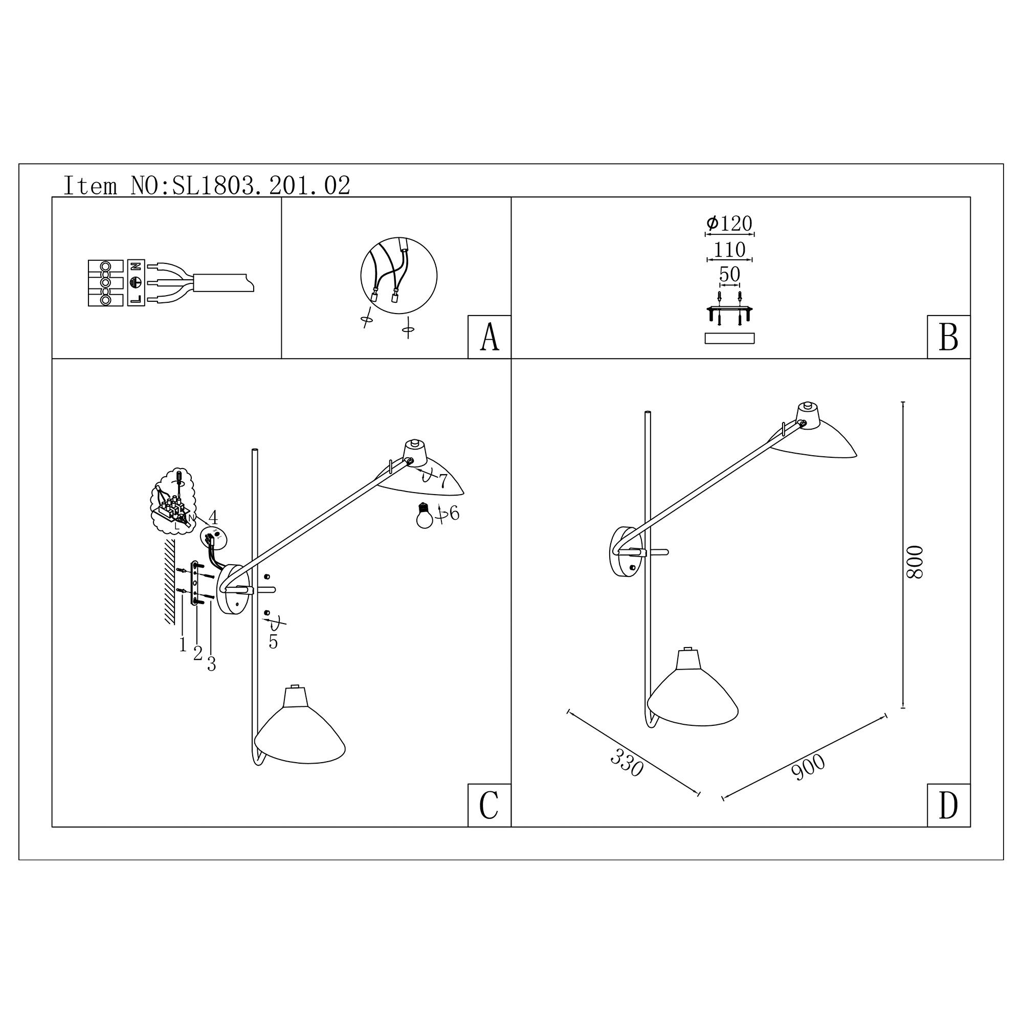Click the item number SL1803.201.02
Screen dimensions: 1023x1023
pyautogui.click(x=261, y=186)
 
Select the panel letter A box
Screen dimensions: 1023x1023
pyautogui.click(x=490, y=337)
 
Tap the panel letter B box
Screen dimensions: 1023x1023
pyautogui.click(x=948, y=337)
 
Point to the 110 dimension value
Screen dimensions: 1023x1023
pyautogui.click(x=730, y=250)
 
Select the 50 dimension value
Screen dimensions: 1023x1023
pyautogui.click(x=730, y=274)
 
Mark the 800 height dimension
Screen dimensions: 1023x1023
pyautogui.click(x=915, y=562)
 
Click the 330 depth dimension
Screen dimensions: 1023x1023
pyautogui.click(x=627, y=763)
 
